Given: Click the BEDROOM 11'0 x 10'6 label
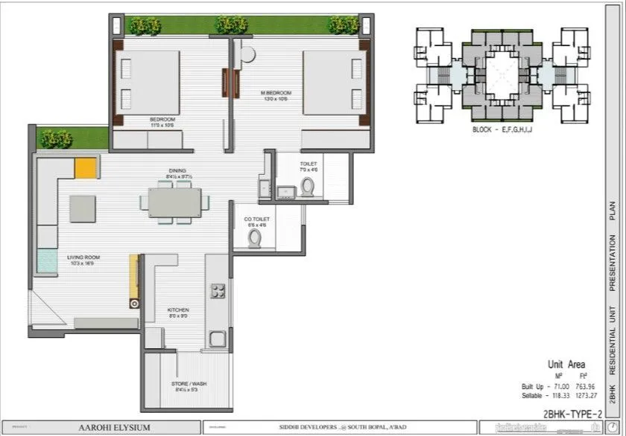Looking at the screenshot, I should (x=162, y=121).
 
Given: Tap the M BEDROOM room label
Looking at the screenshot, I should (x=276, y=95).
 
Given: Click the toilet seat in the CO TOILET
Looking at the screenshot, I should (x=256, y=238).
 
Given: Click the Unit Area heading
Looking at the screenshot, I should (x=568, y=365).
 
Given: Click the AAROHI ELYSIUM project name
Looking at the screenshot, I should (x=115, y=427).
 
